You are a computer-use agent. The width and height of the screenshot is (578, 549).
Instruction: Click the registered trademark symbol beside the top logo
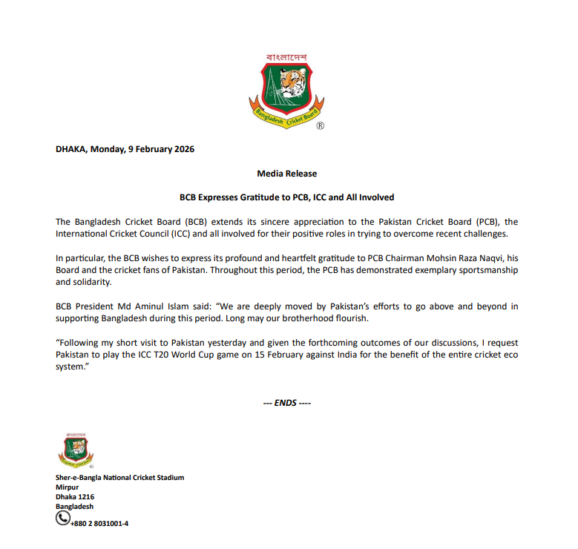click(320, 126)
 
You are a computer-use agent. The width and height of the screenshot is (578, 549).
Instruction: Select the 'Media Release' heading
click(286, 174)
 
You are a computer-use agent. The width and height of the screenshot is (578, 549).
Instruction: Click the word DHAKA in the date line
click(70, 149)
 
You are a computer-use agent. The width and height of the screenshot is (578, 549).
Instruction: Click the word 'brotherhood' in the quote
click(298, 318)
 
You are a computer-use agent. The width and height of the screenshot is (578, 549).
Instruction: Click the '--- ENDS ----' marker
click(287, 403)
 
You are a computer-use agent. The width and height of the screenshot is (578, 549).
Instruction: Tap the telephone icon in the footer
click(64, 518)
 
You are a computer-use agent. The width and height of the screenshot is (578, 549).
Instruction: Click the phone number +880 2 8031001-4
click(100, 523)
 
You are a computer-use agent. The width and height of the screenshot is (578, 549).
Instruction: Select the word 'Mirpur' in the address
click(68, 487)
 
